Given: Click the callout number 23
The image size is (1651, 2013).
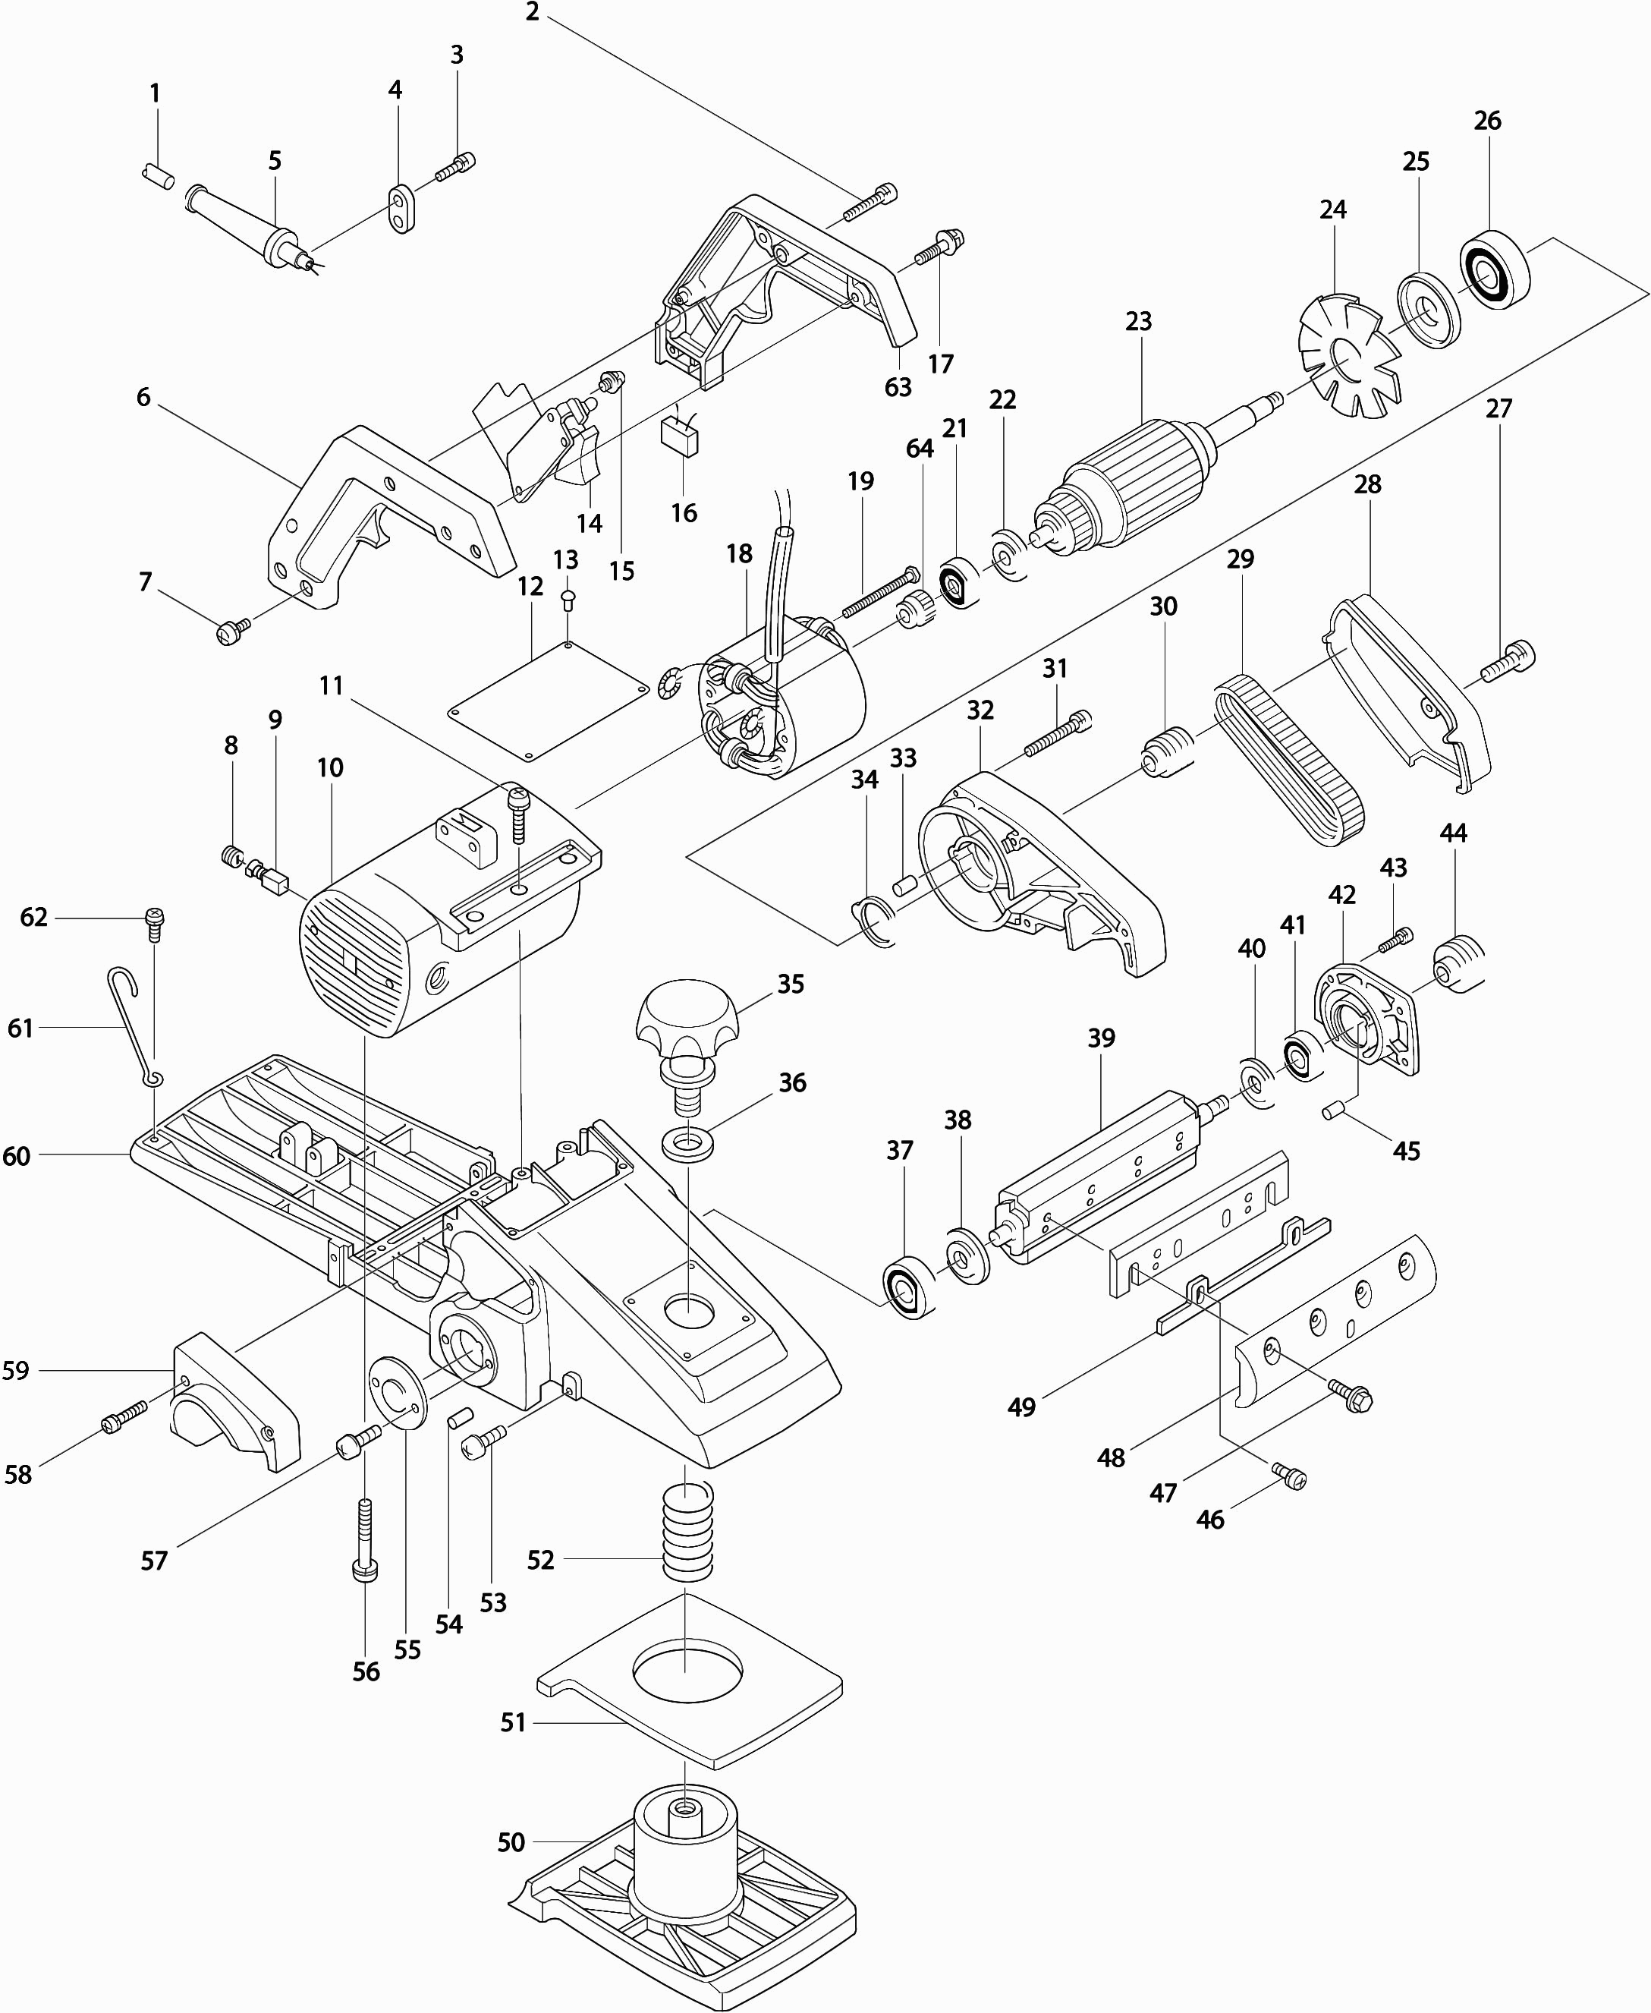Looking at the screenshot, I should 1137,322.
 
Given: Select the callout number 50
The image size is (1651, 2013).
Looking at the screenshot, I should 511,1843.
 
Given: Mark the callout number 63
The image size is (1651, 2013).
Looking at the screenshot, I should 897,387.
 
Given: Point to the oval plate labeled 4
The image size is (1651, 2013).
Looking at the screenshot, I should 403,208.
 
